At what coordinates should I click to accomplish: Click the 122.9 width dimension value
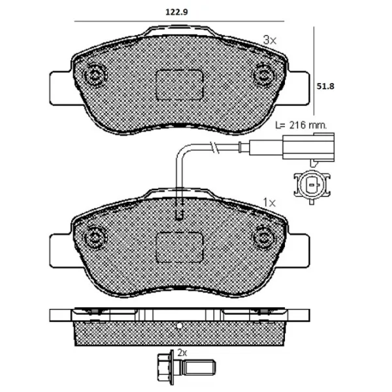[176, 12]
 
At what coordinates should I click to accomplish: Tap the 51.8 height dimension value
[325, 86]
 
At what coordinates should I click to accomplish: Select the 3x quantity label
[270, 40]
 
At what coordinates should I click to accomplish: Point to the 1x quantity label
[269, 203]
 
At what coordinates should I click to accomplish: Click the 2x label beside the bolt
[182, 353]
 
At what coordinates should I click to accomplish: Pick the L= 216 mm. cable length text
[301, 125]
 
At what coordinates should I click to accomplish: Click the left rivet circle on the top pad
[95, 74]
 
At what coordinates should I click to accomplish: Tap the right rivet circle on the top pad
[264, 74]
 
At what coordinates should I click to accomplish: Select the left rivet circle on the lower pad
[95, 237]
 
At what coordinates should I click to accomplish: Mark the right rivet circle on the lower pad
[264, 237]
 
